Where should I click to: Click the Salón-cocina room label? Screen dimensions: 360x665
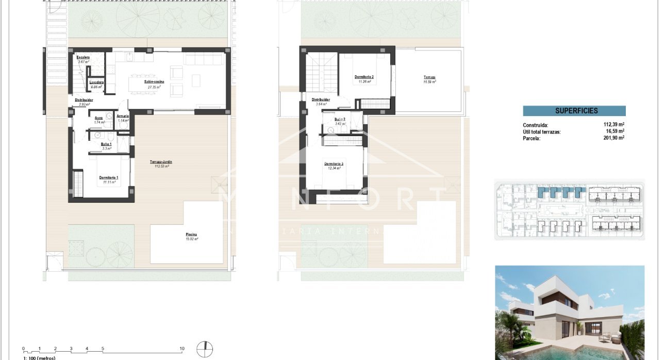pyautogui.click(x=153, y=82)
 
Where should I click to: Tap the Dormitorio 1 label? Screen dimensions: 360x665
pyautogui.click(x=108, y=177)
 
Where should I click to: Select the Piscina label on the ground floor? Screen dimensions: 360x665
pyautogui.click(x=191, y=235)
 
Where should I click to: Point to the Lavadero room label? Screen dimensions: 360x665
pyautogui.click(x=96, y=83)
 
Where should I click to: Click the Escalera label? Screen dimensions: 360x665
pyautogui.click(x=82, y=57)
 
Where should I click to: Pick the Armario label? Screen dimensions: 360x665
pyautogui.click(x=122, y=116)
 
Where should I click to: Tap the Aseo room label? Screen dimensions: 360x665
pyautogui.click(x=98, y=118)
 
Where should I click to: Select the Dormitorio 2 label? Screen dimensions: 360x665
pyautogui.click(x=363, y=77)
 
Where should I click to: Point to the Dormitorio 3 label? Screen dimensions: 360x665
pyautogui.click(x=334, y=164)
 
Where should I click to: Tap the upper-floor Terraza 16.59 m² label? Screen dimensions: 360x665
pyautogui.click(x=429, y=77)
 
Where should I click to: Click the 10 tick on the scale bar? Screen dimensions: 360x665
pyautogui.click(x=182, y=349)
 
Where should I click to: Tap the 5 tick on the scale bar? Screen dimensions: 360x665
pyautogui.click(x=103, y=349)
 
